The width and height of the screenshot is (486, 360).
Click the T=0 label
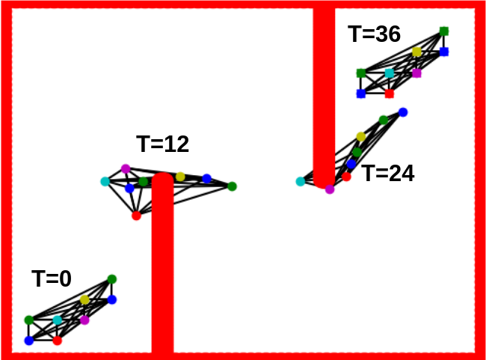52,278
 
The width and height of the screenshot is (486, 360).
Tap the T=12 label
163,144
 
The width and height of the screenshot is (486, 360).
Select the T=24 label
388,173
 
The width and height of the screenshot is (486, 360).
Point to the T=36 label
375,34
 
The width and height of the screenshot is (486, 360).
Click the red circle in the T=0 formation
58,341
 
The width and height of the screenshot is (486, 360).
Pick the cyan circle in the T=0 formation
58,320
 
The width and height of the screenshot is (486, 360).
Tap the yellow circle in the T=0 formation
84,300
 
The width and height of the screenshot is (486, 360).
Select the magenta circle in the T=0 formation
84,320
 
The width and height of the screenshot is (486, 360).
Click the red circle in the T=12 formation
136,216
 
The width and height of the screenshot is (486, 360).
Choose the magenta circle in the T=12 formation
126,169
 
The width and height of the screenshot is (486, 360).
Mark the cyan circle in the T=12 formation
105,181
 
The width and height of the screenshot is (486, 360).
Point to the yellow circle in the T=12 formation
180,177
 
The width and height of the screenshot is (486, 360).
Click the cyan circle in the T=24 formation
301,181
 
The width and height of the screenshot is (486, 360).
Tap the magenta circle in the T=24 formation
330,189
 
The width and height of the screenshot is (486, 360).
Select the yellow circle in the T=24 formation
361,136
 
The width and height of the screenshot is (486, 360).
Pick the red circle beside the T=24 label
346,177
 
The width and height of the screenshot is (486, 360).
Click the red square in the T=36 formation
390,94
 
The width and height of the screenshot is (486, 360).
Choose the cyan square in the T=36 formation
390,73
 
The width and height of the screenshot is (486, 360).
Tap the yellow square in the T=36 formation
417,52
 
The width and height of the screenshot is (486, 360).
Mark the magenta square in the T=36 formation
417,73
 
